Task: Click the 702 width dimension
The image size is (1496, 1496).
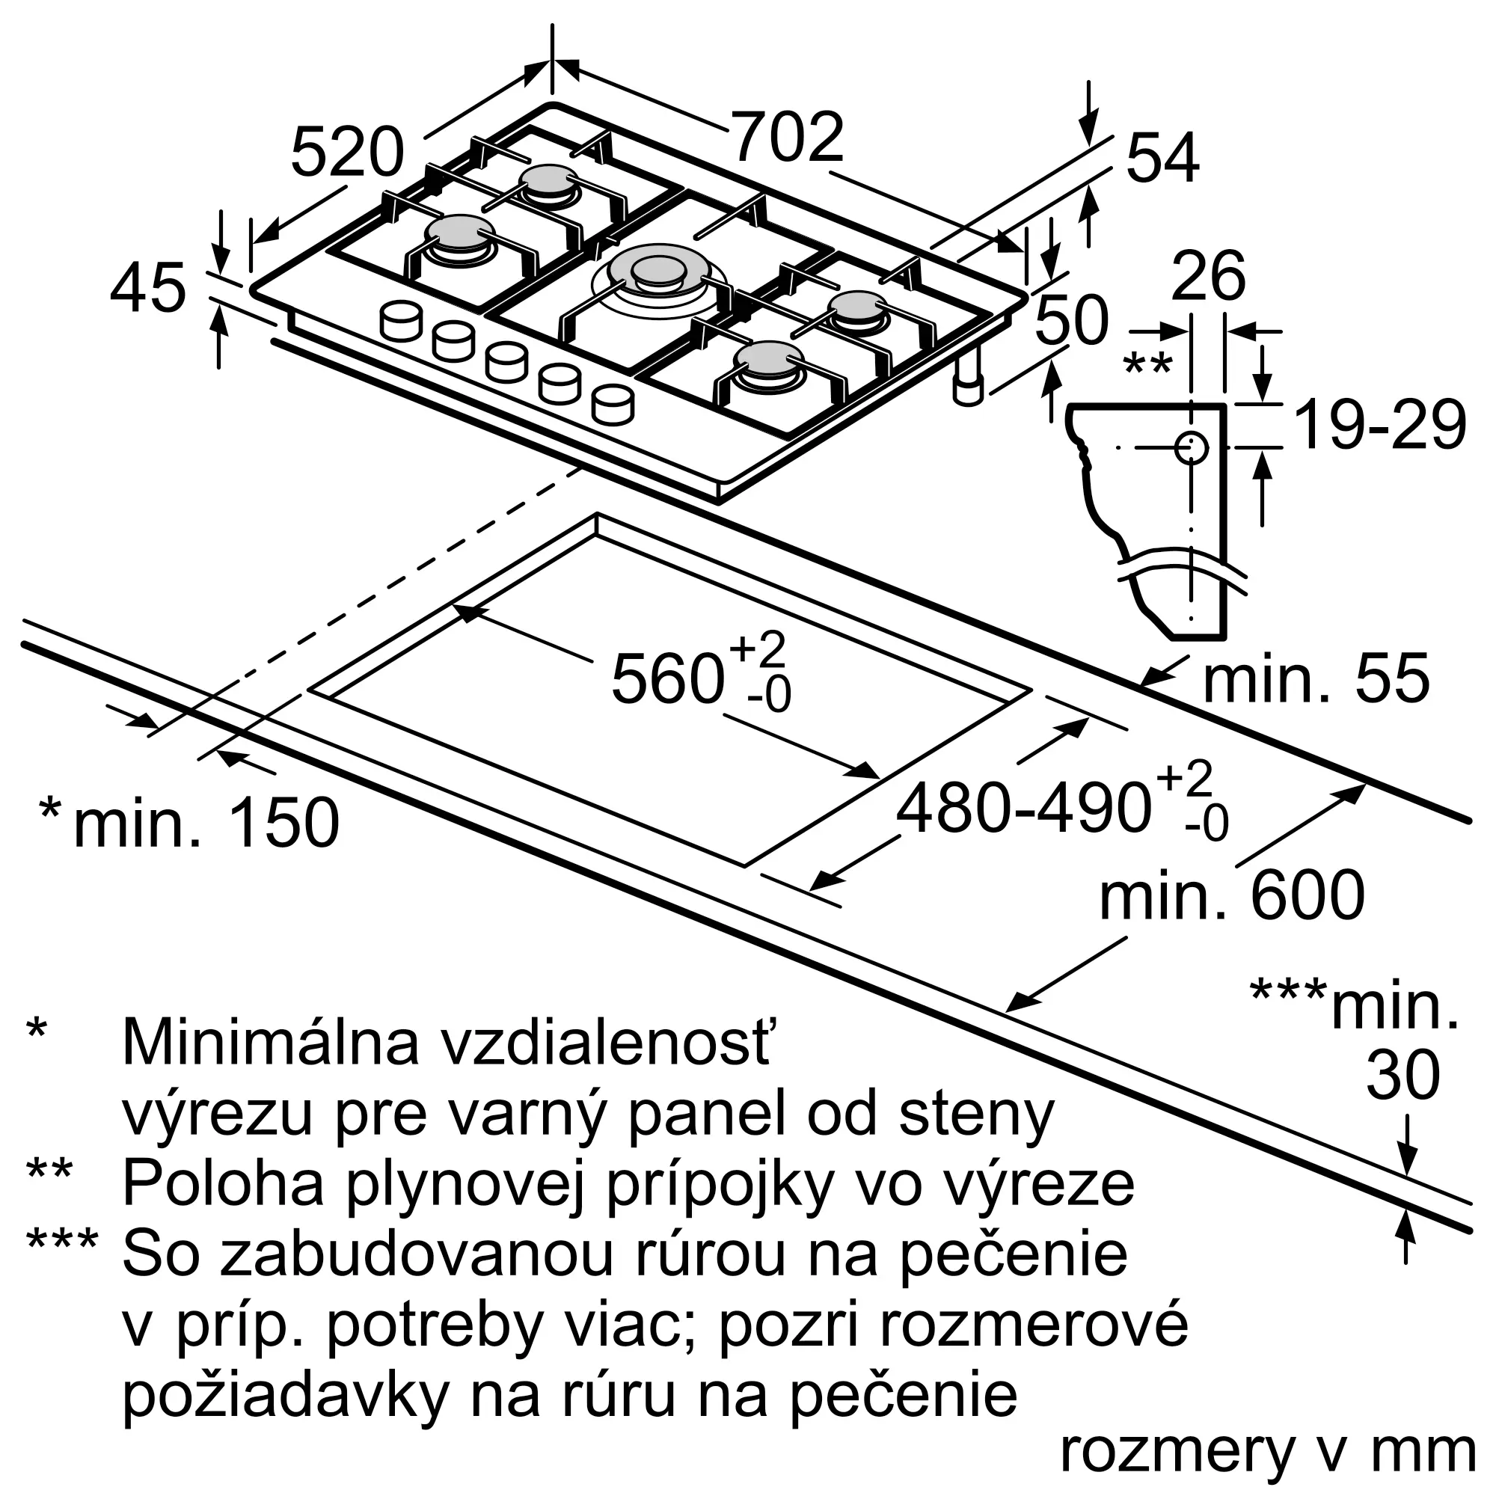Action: (x=787, y=138)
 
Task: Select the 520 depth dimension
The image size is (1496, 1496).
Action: (x=347, y=153)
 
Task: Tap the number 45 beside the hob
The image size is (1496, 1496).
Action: (x=148, y=289)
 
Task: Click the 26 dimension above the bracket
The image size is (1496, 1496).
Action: (x=1208, y=276)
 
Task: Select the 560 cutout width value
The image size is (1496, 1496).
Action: (x=667, y=679)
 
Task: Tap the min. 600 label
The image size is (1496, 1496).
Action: (x=1231, y=895)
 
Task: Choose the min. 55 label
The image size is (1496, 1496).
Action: (x=1316, y=679)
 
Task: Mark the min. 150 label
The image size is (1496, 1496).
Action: (x=206, y=821)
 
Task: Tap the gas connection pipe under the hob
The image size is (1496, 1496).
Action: (x=968, y=379)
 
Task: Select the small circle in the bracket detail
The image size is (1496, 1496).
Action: (x=1191, y=447)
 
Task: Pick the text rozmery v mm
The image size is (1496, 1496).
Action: (x=1267, y=1452)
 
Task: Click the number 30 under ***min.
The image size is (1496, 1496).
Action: (x=1402, y=1076)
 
